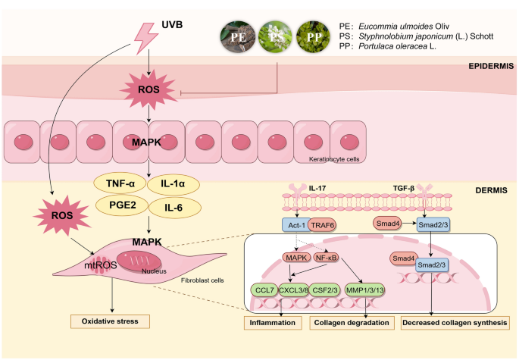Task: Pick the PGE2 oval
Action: pos(119,205)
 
